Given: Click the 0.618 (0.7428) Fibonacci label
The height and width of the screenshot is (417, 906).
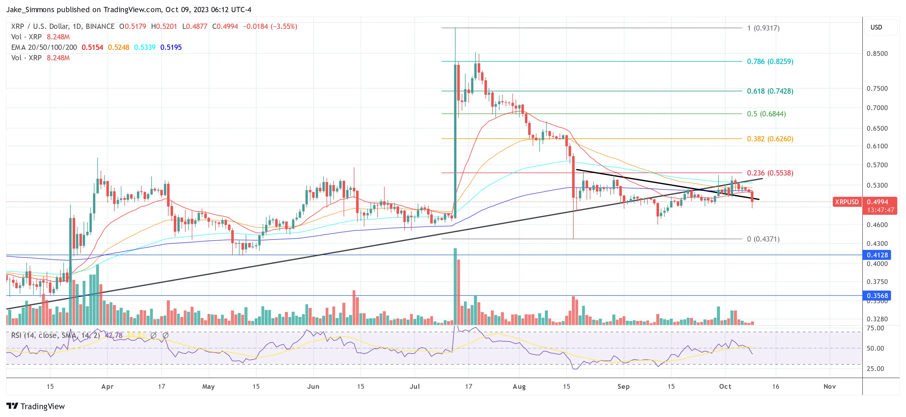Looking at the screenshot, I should click(x=770, y=91).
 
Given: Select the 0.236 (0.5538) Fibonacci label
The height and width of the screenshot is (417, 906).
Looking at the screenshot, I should click(x=770, y=173).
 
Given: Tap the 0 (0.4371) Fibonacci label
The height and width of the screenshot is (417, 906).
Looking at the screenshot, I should click(x=763, y=239).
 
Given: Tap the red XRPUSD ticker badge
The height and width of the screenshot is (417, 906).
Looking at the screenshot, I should click(x=847, y=202).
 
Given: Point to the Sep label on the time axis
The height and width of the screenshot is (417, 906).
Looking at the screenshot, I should click(x=623, y=386).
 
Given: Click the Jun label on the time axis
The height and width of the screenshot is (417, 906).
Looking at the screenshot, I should click(x=313, y=386).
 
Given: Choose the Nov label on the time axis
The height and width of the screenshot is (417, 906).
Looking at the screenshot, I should click(x=829, y=386).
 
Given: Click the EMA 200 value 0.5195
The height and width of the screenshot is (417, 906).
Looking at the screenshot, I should click(x=171, y=47).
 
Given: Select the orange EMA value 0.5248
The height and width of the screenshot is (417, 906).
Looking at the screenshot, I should click(x=119, y=47).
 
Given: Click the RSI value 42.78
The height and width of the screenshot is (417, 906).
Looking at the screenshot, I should click(x=114, y=335).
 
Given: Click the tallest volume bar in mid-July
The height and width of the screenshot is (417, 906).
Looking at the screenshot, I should click(x=455, y=286).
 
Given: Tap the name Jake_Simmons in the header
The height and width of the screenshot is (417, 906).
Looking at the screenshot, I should click(x=30, y=9).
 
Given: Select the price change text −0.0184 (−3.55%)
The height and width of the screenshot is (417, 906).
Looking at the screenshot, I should click(x=270, y=26).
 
